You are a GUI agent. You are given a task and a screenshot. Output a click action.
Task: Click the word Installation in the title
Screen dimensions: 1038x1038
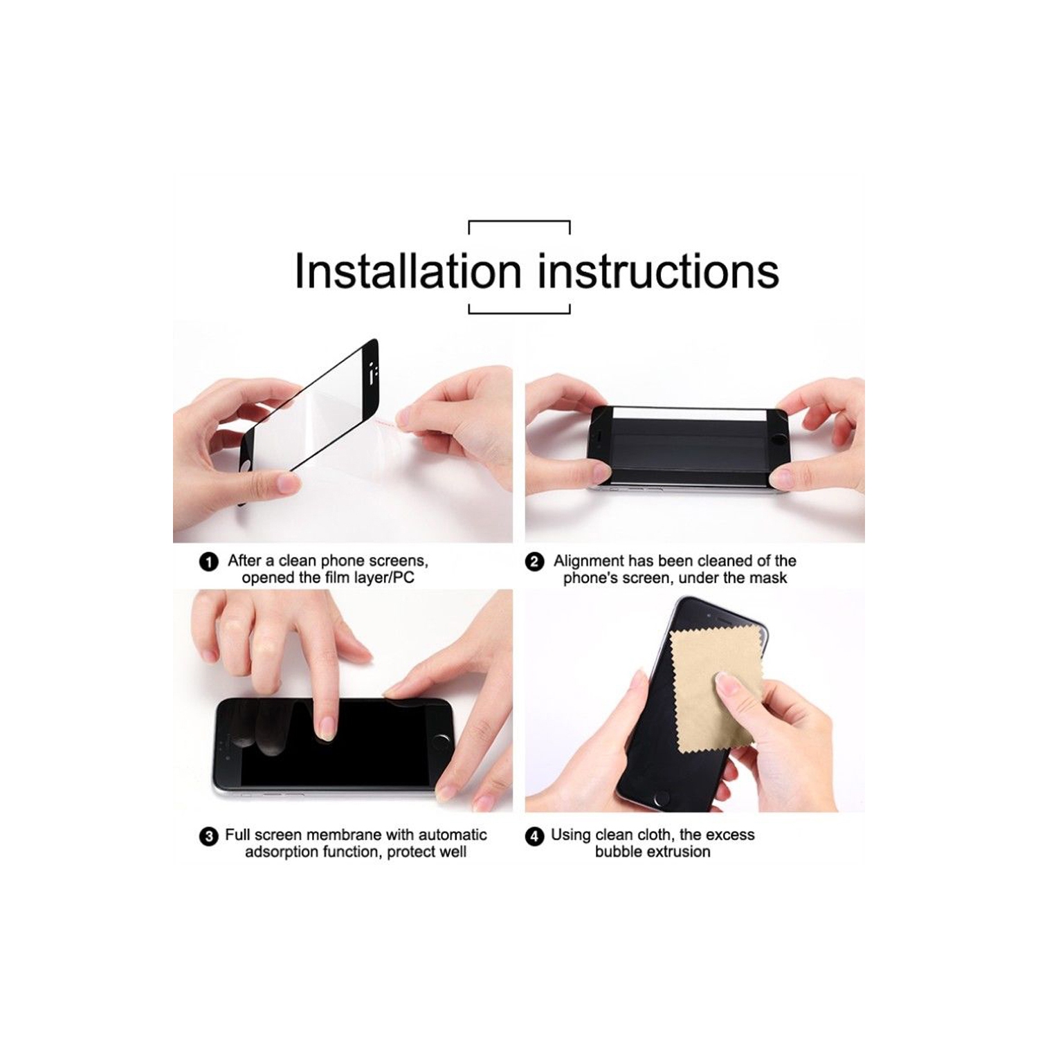(x=408, y=271)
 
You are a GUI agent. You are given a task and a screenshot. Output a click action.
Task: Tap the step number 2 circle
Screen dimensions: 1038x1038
(x=534, y=562)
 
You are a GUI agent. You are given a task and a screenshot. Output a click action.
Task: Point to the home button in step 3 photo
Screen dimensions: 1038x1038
(x=440, y=740)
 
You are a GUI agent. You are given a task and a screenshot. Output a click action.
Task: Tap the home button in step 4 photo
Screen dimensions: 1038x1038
(x=662, y=798)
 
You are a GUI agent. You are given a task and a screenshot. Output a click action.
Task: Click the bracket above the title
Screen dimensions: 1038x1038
(x=519, y=223)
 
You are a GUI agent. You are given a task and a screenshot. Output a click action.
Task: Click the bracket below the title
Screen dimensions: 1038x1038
(x=519, y=312)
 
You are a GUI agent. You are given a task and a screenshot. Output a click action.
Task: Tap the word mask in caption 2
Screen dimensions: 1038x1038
(x=769, y=578)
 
